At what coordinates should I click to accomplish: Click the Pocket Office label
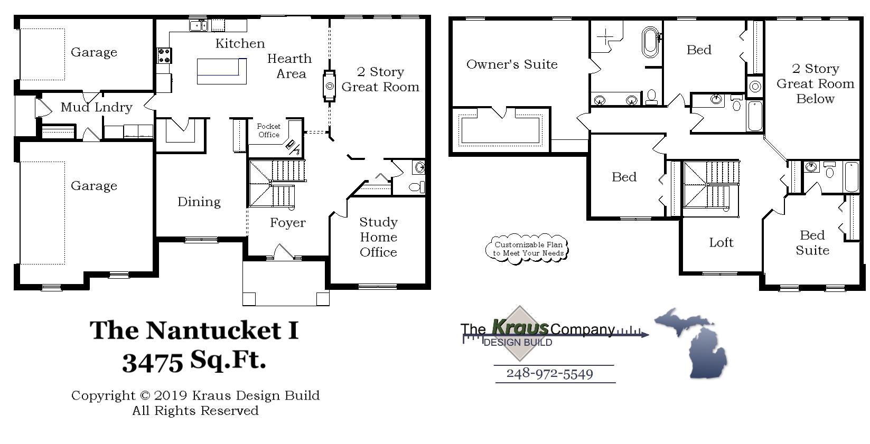tap(268, 130)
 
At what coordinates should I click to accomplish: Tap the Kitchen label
tap(240, 43)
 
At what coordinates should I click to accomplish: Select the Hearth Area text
tap(289, 66)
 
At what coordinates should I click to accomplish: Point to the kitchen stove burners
tap(164, 55)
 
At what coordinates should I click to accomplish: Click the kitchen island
tap(222, 71)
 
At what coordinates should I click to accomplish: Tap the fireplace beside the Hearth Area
tap(330, 86)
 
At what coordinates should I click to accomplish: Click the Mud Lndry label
tap(96, 107)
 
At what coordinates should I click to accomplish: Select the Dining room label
tap(199, 202)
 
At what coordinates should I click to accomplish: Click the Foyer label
tap(287, 223)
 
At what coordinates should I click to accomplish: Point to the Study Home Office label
tap(378, 237)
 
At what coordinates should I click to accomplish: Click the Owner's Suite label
tap(511, 64)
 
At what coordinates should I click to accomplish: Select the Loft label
tap(721, 242)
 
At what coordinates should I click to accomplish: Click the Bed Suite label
tap(812, 243)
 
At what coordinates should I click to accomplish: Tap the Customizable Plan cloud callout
tap(527, 249)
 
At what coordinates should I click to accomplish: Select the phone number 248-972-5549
tap(549, 374)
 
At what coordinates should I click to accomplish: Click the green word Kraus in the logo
tap(520, 327)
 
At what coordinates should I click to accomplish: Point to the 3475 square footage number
tap(153, 362)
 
